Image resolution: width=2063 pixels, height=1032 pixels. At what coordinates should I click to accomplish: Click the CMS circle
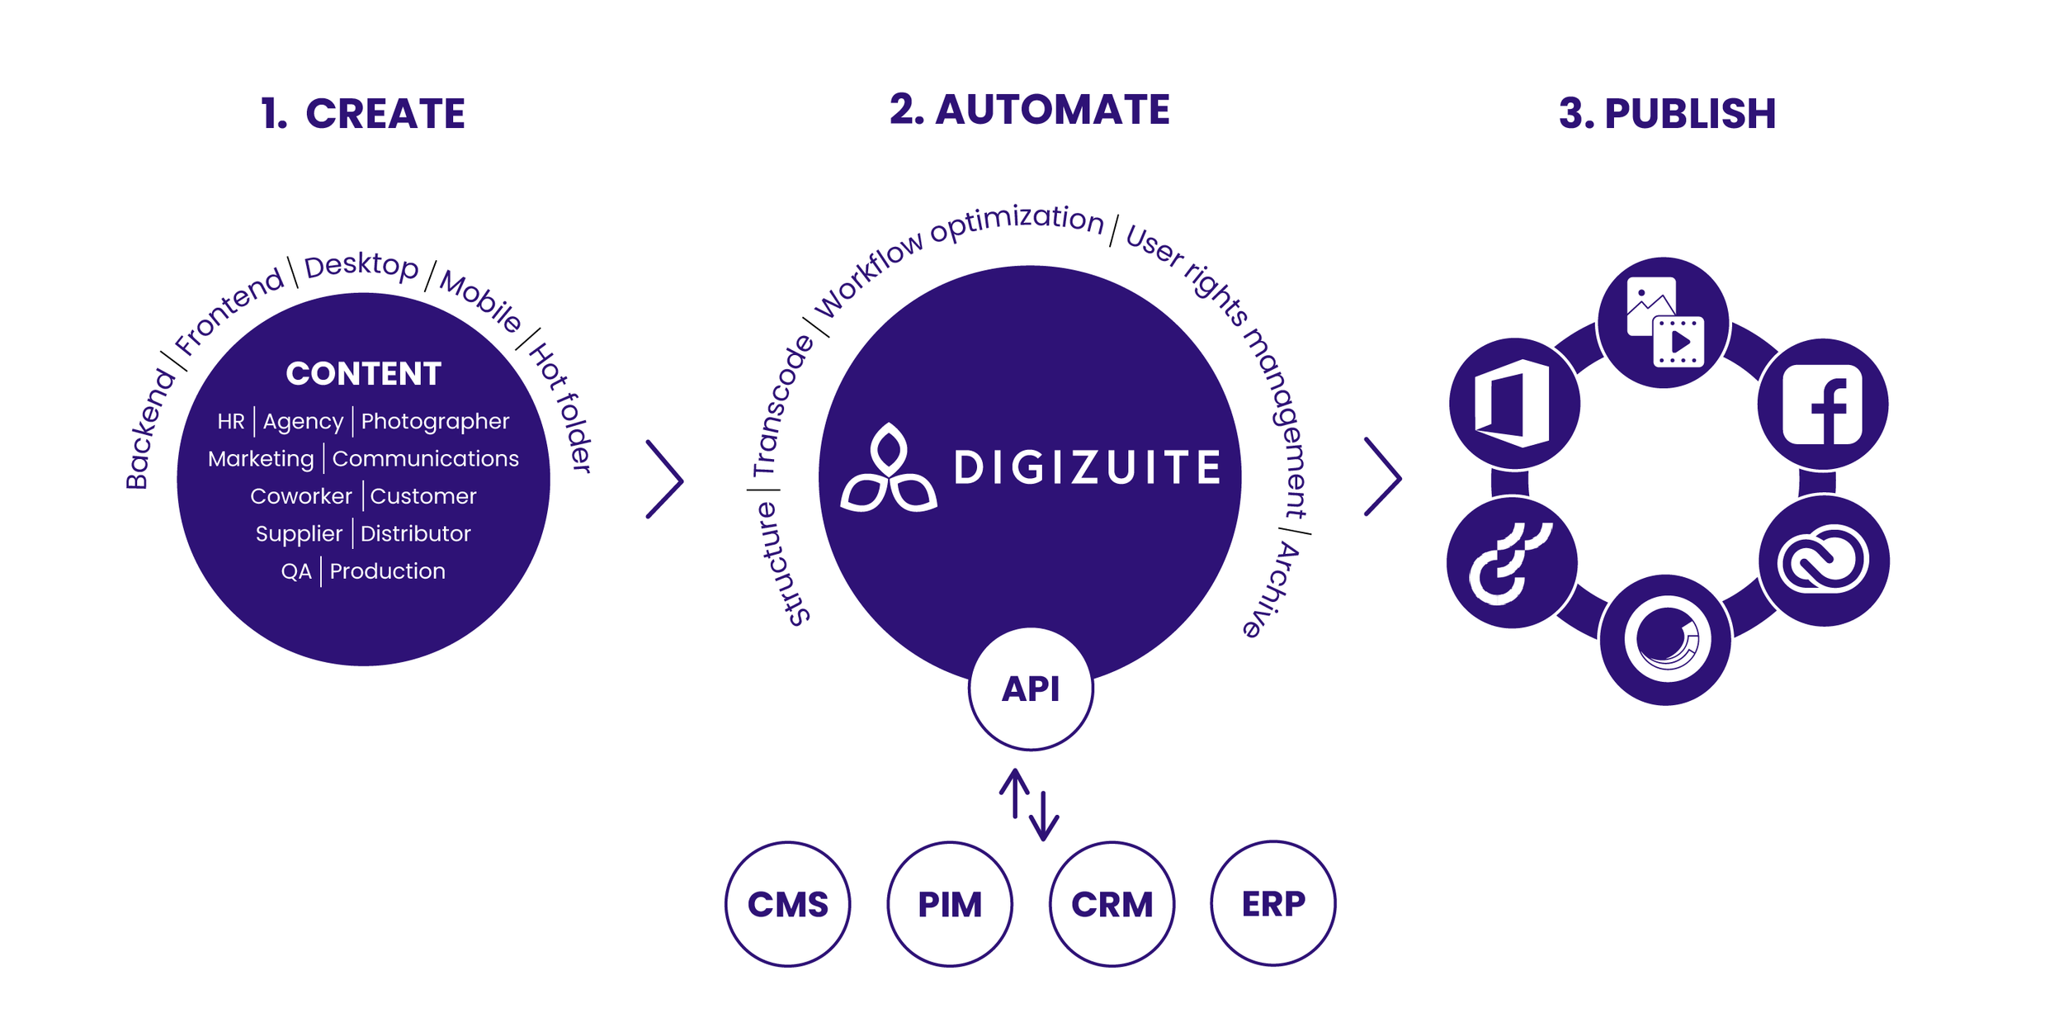click(x=787, y=904)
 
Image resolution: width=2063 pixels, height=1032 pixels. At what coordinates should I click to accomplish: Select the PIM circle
click(x=950, y=904)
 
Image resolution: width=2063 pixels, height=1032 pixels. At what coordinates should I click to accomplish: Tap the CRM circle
click(x=1112, y=904)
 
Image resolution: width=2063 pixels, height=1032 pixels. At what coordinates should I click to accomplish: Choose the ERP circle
click(x=1273, y=903)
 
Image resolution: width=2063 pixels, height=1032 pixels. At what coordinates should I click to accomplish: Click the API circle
click(x=1030, y=689)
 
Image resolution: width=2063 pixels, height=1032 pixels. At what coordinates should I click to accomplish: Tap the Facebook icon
click(x=1822, y=405)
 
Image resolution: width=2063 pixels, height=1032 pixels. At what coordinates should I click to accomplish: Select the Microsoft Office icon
click(x=1514, y=404)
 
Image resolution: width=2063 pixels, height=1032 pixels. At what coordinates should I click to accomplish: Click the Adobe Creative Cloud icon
click(x=1823, y=561)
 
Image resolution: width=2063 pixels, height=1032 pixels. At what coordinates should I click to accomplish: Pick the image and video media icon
click(x=1664, y=322)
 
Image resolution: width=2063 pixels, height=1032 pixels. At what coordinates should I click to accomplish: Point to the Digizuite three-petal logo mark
click(x=888, y=471)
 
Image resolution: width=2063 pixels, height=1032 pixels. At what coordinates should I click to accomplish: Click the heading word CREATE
click(x=385, y=114)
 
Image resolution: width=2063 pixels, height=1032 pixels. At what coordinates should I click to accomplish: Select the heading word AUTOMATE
click(x=1052, y=110)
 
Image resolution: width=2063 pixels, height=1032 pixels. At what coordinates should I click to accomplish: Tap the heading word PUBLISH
click(x=1689, y=114)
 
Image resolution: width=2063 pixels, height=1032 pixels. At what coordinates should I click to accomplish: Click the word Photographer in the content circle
click(x=435, y=421)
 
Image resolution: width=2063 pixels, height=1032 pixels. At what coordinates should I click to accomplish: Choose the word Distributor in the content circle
click(x=415, y=533)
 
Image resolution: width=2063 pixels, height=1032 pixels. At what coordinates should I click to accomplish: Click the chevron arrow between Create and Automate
click(x=665, y=479)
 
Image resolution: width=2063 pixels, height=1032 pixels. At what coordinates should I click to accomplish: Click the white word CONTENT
click(x=363, y=374)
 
